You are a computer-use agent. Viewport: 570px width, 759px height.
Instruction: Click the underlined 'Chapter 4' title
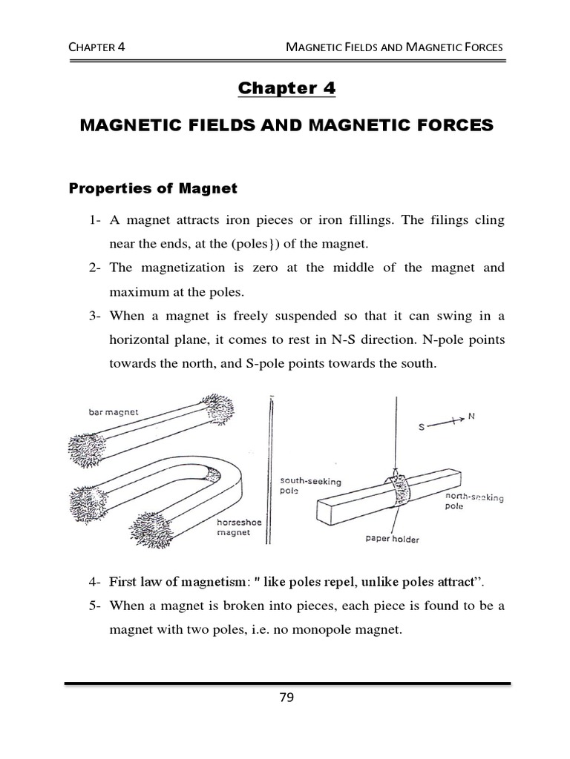[286, 89]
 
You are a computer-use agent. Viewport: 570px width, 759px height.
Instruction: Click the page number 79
[286, 697]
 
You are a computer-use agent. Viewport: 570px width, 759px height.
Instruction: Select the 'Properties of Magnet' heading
[153, 188]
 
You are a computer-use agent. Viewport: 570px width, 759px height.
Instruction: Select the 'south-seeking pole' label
[311, 485]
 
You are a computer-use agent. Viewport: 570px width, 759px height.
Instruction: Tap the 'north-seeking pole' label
[474, 503]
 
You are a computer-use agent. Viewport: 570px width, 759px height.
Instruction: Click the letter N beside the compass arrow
[471, 417]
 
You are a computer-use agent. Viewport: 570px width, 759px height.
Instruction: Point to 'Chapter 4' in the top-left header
[96, 47]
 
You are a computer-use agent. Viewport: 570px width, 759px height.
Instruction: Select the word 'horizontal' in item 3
[136, 339]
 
